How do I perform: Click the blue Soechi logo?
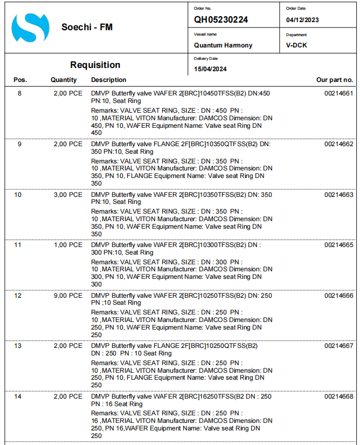pyautogui.click(x=30, y=28)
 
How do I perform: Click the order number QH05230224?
pyautogui.click(x=221, y=20)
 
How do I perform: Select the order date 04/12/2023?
pyautogui.click(x=302, y=20)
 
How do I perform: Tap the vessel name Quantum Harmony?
pyautogui.click(x=223, y=45)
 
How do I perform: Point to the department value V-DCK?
pyautogui.click(x=296, y=45)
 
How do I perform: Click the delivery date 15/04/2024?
pyautogui.click(x=210, y=69)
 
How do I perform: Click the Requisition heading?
pyautogui.click(x=95, y=65)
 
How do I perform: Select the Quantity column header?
pyautogui.click(x=64, y=80)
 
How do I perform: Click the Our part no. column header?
pyautogui.click(x=335, y=80)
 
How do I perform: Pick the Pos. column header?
pyautogui.click(x=20, y=80)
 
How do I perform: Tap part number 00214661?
pyautogui.click(x=338, y=93)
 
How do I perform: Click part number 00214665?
pyautogui.click(x=338, y=245)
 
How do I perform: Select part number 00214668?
pyautogui.click(x=338, y=396)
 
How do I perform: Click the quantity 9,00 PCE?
pyautogui.click(x=68, y=296)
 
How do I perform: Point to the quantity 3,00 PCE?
pyautogui.click(x=68, y=195)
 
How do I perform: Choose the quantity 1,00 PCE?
pyautogui.click(x=68, y=245)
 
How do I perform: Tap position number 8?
pyautogui.click(x=20, y=93)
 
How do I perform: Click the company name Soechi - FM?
pyautogui.click(x=87, y=27)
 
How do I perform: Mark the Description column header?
pyautogui.click(x=108, y=80)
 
